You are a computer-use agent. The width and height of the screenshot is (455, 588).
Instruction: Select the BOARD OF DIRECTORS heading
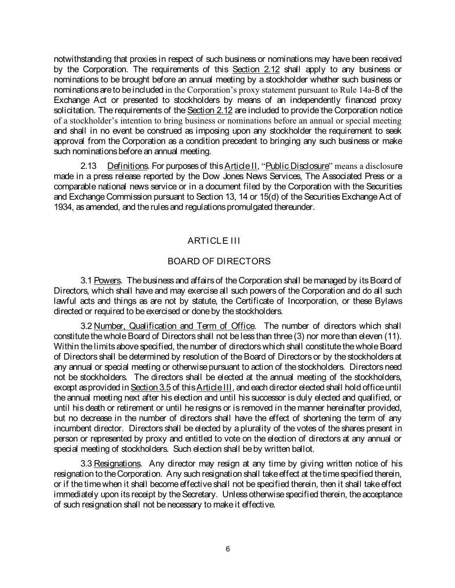point(219,261)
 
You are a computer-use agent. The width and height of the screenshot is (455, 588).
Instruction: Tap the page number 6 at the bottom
point(228,549)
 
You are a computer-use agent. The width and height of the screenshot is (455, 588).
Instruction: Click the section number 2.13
point(88,166)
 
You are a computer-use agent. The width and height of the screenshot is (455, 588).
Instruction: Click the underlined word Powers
point(107,281)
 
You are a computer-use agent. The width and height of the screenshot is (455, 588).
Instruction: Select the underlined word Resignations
point(117,464)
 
